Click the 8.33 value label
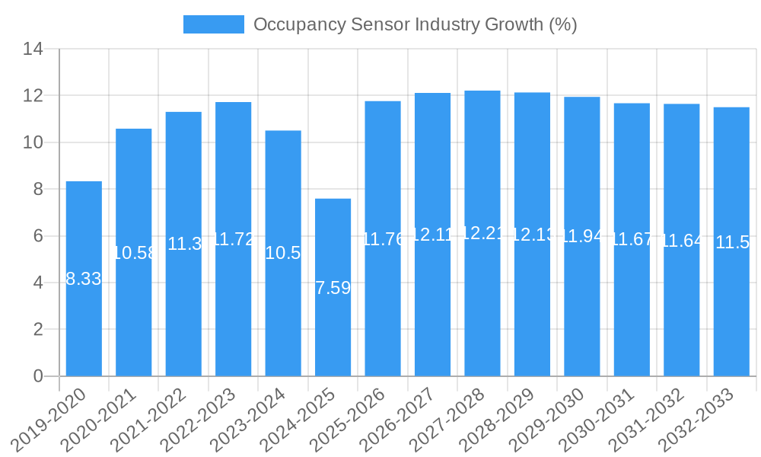coord(84,279)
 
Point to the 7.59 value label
coord(333,288)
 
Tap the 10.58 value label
coord(134,253)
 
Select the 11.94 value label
coord(582,236)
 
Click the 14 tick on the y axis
coord(33,50)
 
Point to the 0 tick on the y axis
coord(38,376)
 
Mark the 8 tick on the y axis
coord(38,189)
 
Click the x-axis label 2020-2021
coord(100,418)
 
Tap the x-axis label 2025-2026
coord(349,418)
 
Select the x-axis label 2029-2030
coord(548,418)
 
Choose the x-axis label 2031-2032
coord(648,418)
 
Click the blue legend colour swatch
coord(213,24)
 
